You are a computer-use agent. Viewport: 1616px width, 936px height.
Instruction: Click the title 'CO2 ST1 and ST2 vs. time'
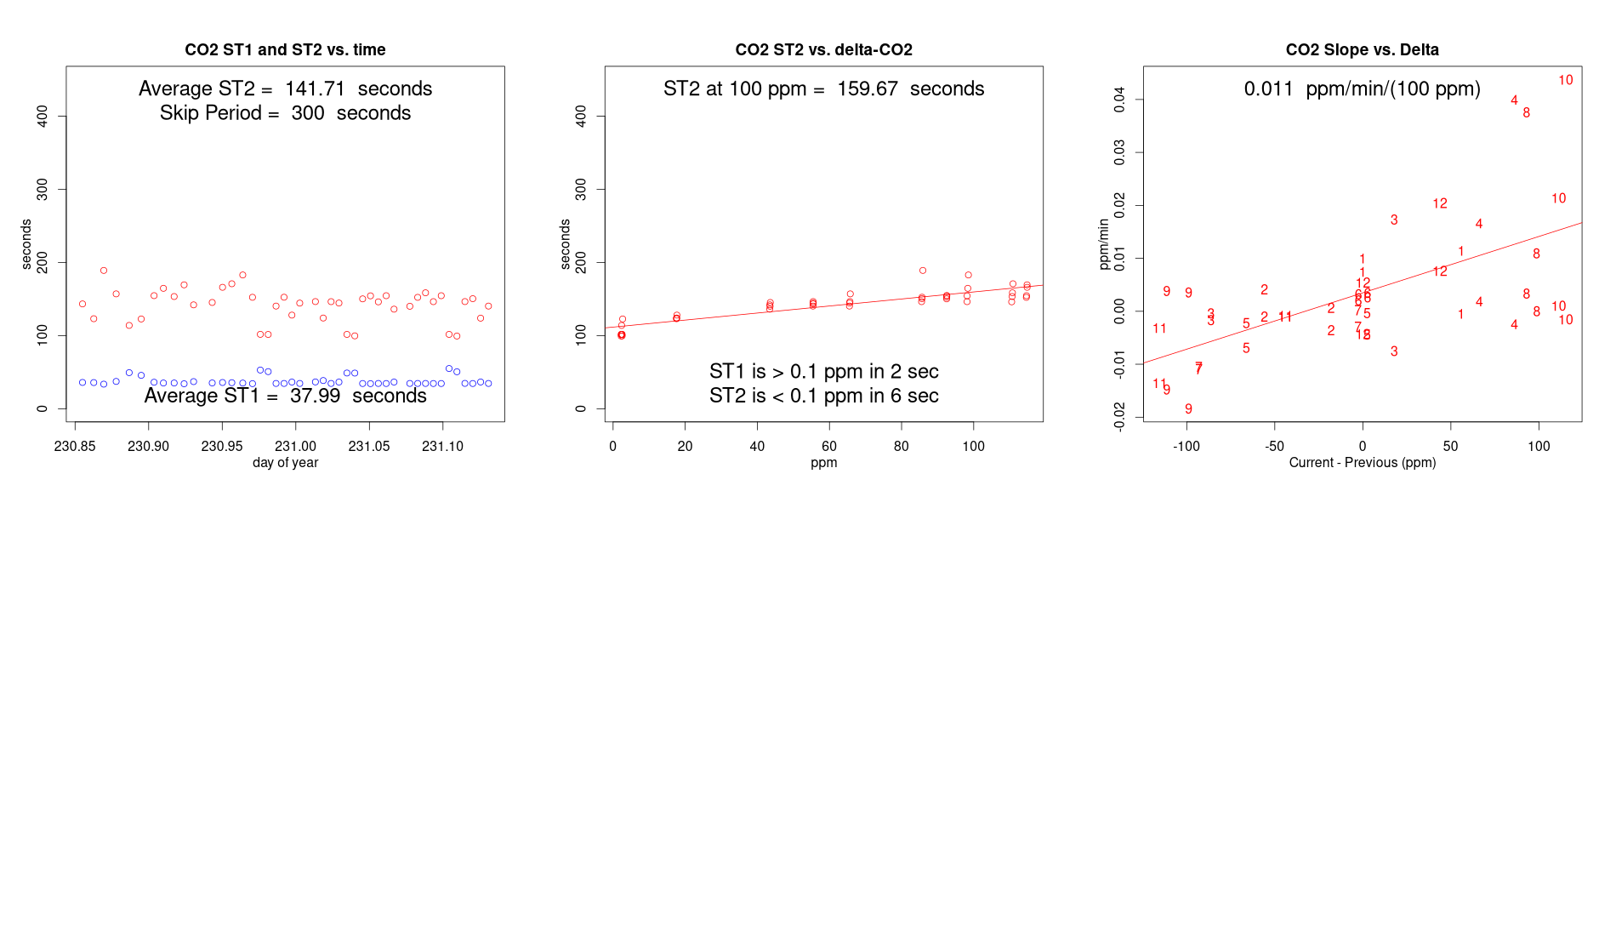285,50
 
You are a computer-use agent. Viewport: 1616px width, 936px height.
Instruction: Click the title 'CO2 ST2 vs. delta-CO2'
823,50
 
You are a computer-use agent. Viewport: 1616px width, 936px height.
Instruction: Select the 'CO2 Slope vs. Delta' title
1362,50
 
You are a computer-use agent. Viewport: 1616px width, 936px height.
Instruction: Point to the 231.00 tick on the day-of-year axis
295,446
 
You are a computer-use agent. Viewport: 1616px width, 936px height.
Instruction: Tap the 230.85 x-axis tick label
75,446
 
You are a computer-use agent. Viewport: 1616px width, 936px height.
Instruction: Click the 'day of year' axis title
285,463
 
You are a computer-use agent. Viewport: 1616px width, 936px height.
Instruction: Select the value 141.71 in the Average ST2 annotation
315,89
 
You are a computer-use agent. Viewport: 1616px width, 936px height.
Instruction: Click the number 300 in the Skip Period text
308,114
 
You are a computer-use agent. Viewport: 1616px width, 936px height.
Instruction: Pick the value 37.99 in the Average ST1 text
315,397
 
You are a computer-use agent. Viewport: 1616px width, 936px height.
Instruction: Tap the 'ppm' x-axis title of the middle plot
823,463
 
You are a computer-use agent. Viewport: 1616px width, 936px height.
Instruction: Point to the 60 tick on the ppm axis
829,446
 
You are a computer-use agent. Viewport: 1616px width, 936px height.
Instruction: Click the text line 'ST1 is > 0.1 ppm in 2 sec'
823,372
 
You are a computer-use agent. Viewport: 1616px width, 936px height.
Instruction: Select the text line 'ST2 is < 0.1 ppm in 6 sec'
823,397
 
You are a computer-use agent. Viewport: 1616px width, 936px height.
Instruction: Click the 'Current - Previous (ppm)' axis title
1362,463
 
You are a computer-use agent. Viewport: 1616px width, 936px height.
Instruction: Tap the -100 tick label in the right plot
1186,446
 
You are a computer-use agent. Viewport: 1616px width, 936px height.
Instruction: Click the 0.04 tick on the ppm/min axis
1119,100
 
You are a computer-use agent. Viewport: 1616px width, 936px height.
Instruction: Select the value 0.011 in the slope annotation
1268,89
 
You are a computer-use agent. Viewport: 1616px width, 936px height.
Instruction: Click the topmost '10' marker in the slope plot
1565,80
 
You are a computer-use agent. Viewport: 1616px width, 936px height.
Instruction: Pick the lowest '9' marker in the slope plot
1188,409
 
